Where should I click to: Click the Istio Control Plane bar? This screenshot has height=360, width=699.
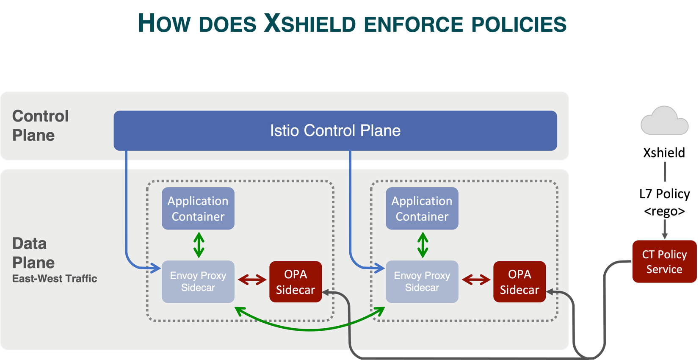(335, 130)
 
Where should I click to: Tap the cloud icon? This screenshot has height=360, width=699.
(664, 122)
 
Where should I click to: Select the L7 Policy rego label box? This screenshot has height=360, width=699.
(664, 201)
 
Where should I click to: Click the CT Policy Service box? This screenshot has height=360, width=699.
(664, 262)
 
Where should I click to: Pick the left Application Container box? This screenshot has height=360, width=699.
(198, 208)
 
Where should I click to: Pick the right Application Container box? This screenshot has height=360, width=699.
(422, 208)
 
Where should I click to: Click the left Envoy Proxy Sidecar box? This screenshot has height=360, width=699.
(198, 281)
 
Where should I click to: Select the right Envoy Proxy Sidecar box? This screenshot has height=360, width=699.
(422, 281)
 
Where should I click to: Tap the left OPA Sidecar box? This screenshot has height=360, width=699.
(296, 282)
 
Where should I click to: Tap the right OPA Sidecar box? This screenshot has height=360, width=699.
(519, 282)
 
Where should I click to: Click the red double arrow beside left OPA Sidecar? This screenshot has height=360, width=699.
(252, 280)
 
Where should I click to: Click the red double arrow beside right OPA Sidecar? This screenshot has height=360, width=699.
(476, 280)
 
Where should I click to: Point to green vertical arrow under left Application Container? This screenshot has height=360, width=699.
(199, 245)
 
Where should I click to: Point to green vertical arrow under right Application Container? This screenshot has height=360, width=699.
(423, 245)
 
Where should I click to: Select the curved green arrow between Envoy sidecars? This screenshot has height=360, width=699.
(309, 329)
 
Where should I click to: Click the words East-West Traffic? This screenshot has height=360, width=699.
(55, 279)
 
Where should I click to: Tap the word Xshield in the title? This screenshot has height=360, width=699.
(309, 24)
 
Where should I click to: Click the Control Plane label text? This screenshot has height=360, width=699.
(40, 125)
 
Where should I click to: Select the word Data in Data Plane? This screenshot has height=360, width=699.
(29, 244)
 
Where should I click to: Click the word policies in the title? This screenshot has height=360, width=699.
(519, 25)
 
